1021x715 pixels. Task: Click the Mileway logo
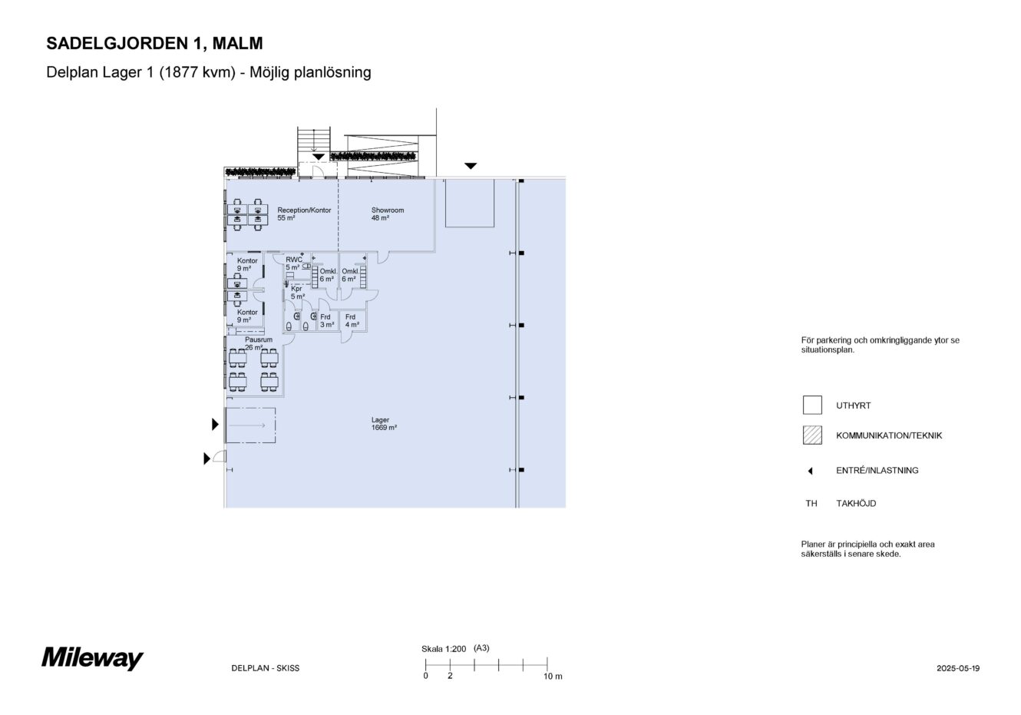click(x=93, y=658)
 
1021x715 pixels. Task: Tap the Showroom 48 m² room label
click(x=388, y=214)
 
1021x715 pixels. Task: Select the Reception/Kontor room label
click(x=304, y=214)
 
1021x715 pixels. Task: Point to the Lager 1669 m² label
click(x=384, y=424)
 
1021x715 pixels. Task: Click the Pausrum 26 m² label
click(x=259, y=343)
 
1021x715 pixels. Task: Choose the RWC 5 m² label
click(x=293, y=263)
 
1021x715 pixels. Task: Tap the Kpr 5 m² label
click(x=297, y=293)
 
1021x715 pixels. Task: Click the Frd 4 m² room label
click(x=352, y=320)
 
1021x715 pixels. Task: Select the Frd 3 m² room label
click(x=327, y=320)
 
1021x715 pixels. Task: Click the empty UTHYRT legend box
click(x=812, y=405)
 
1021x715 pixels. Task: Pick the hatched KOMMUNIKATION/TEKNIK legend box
click(x=812, y=435)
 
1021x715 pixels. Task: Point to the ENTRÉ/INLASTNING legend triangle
click(x=811, y=471)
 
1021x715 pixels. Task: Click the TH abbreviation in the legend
click(x=811, y=504)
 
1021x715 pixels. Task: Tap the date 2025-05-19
click(x=958, y=668)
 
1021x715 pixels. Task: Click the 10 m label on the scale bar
click(x=553, y=677)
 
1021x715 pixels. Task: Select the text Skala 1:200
click(x=444, y=649)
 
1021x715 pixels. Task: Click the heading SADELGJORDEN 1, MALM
click(x=154, y=43)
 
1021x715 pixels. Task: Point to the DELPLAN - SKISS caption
click(x=266, y=668)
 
